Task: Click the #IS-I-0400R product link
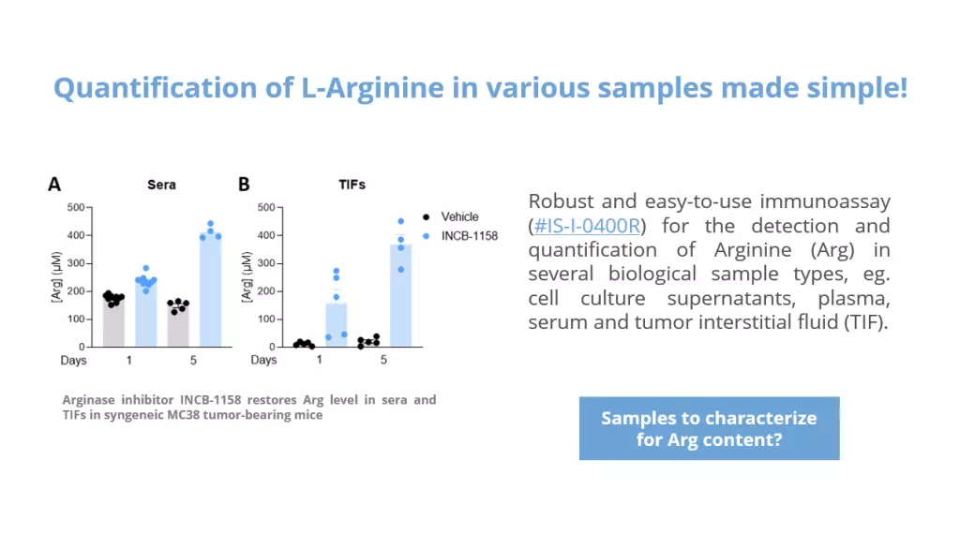pos(587,226)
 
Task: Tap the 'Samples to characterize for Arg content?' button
pos(709,428)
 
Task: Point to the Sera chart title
pos(161,185)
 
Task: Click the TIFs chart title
pos(352,185)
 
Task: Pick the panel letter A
pos(54,185)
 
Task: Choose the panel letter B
pos(244,185)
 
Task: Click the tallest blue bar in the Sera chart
pos(211,290)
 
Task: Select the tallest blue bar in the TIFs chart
pos(401,296)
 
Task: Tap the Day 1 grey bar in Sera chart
pos(113,321)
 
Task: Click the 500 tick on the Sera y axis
pos(76,207)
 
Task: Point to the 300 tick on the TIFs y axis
pos(266,263)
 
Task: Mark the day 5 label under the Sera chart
pos(193,361)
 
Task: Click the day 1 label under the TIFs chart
pos(319,360)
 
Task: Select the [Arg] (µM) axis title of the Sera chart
pos(57,276)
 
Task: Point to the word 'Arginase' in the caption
pos(88,400)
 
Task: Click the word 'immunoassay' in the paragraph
pos(825,201)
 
